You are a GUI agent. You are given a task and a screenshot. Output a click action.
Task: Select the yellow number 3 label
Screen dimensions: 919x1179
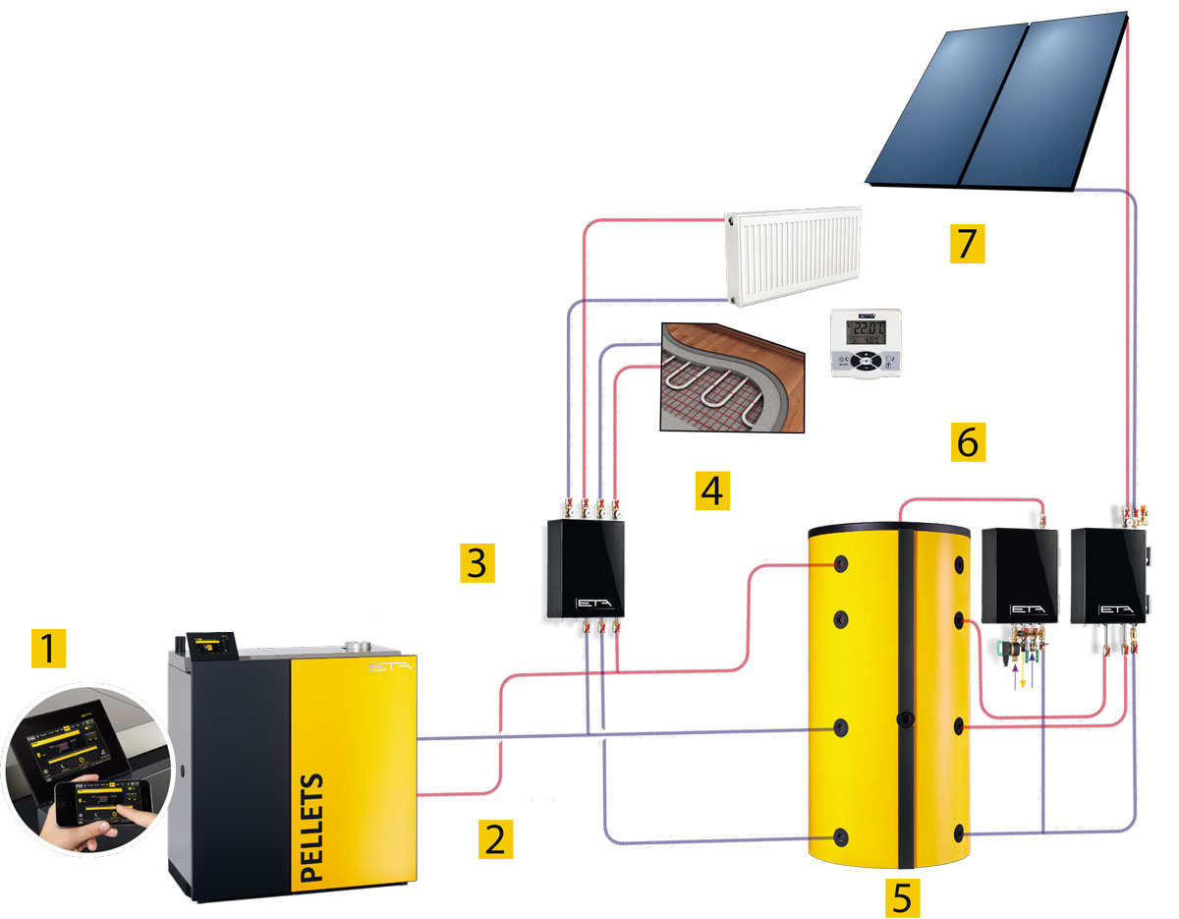point(477,563)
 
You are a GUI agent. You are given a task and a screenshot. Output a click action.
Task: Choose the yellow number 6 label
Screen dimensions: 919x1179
point(967,442)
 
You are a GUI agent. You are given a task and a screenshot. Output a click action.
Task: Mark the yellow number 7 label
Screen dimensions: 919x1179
point(967,242)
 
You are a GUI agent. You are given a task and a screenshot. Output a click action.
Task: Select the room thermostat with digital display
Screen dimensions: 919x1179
point(865,343)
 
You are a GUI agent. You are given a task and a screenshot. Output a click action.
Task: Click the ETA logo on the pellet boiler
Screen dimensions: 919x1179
point(387,666)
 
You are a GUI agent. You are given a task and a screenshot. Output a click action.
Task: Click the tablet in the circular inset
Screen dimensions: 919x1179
point(79,742)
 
